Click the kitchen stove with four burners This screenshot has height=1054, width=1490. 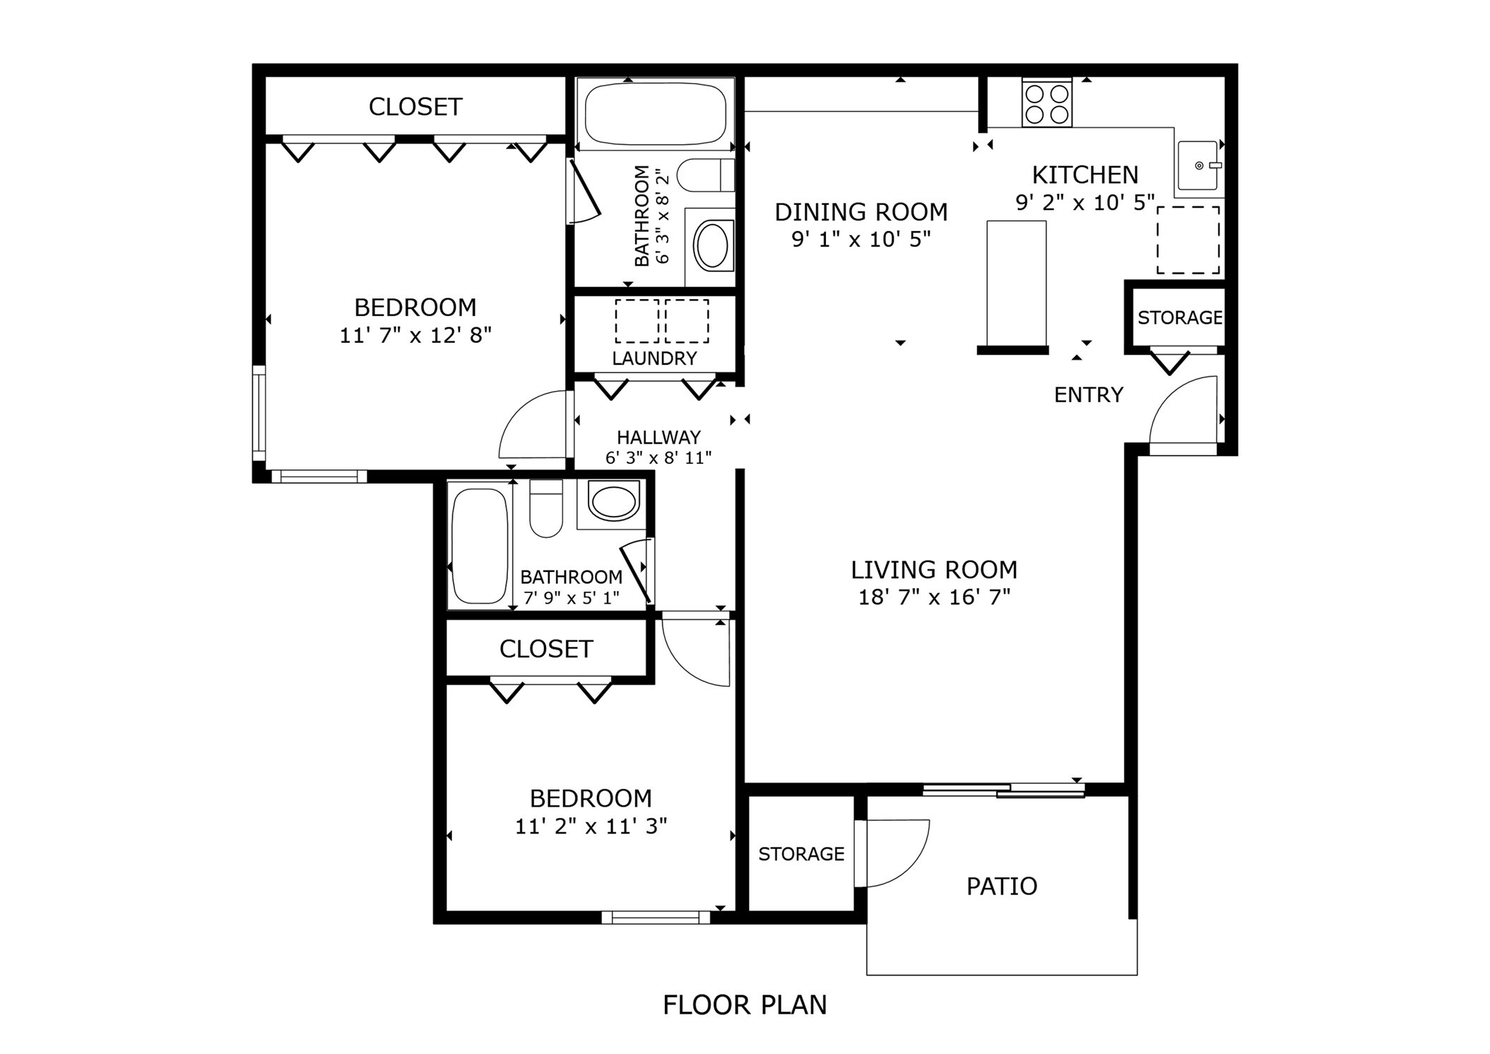pyautogui.click(x=1046, y=103)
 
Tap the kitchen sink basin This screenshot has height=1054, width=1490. pyautogui.click(x=1198, y=165)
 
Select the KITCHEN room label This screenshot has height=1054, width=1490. pyautogui.click(x=1084, y=175)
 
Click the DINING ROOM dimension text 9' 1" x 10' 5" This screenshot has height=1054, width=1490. pyautogui.click(x=861, y=240)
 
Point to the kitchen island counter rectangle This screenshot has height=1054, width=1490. pyautogui.click(x=1016, y=283)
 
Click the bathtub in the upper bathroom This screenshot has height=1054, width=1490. pyautogui.click(x=656, y=114)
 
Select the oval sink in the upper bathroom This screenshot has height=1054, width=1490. pyautogui.click(x=712, y=245)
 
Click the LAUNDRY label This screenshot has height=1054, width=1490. pyautogui.click(x=654, y=358)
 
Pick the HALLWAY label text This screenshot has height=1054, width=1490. pyautogui.click(x=658, y=437)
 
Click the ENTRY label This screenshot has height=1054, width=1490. pyautogui.click(x=1088, y=394)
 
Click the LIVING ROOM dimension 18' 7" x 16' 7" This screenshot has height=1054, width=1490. pyautogui.click(x=934, y=597)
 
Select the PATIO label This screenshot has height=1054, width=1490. pyautogui.click(x=1001, y=886)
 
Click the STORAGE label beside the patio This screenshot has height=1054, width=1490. pyautogui.click(x=801, y=854)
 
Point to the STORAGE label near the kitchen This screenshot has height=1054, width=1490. pyautogui.click(x=1179, y=317)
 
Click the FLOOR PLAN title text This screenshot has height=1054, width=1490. pyautogui.click(x=744, y=1005)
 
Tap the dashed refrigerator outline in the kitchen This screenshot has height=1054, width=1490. pyautogui.click(x=1188, y=240)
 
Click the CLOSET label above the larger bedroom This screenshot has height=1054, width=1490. pyautogui.click(x=415, y=107)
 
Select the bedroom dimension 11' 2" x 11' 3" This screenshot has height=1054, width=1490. pyautogui.click(x=591, y=826)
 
